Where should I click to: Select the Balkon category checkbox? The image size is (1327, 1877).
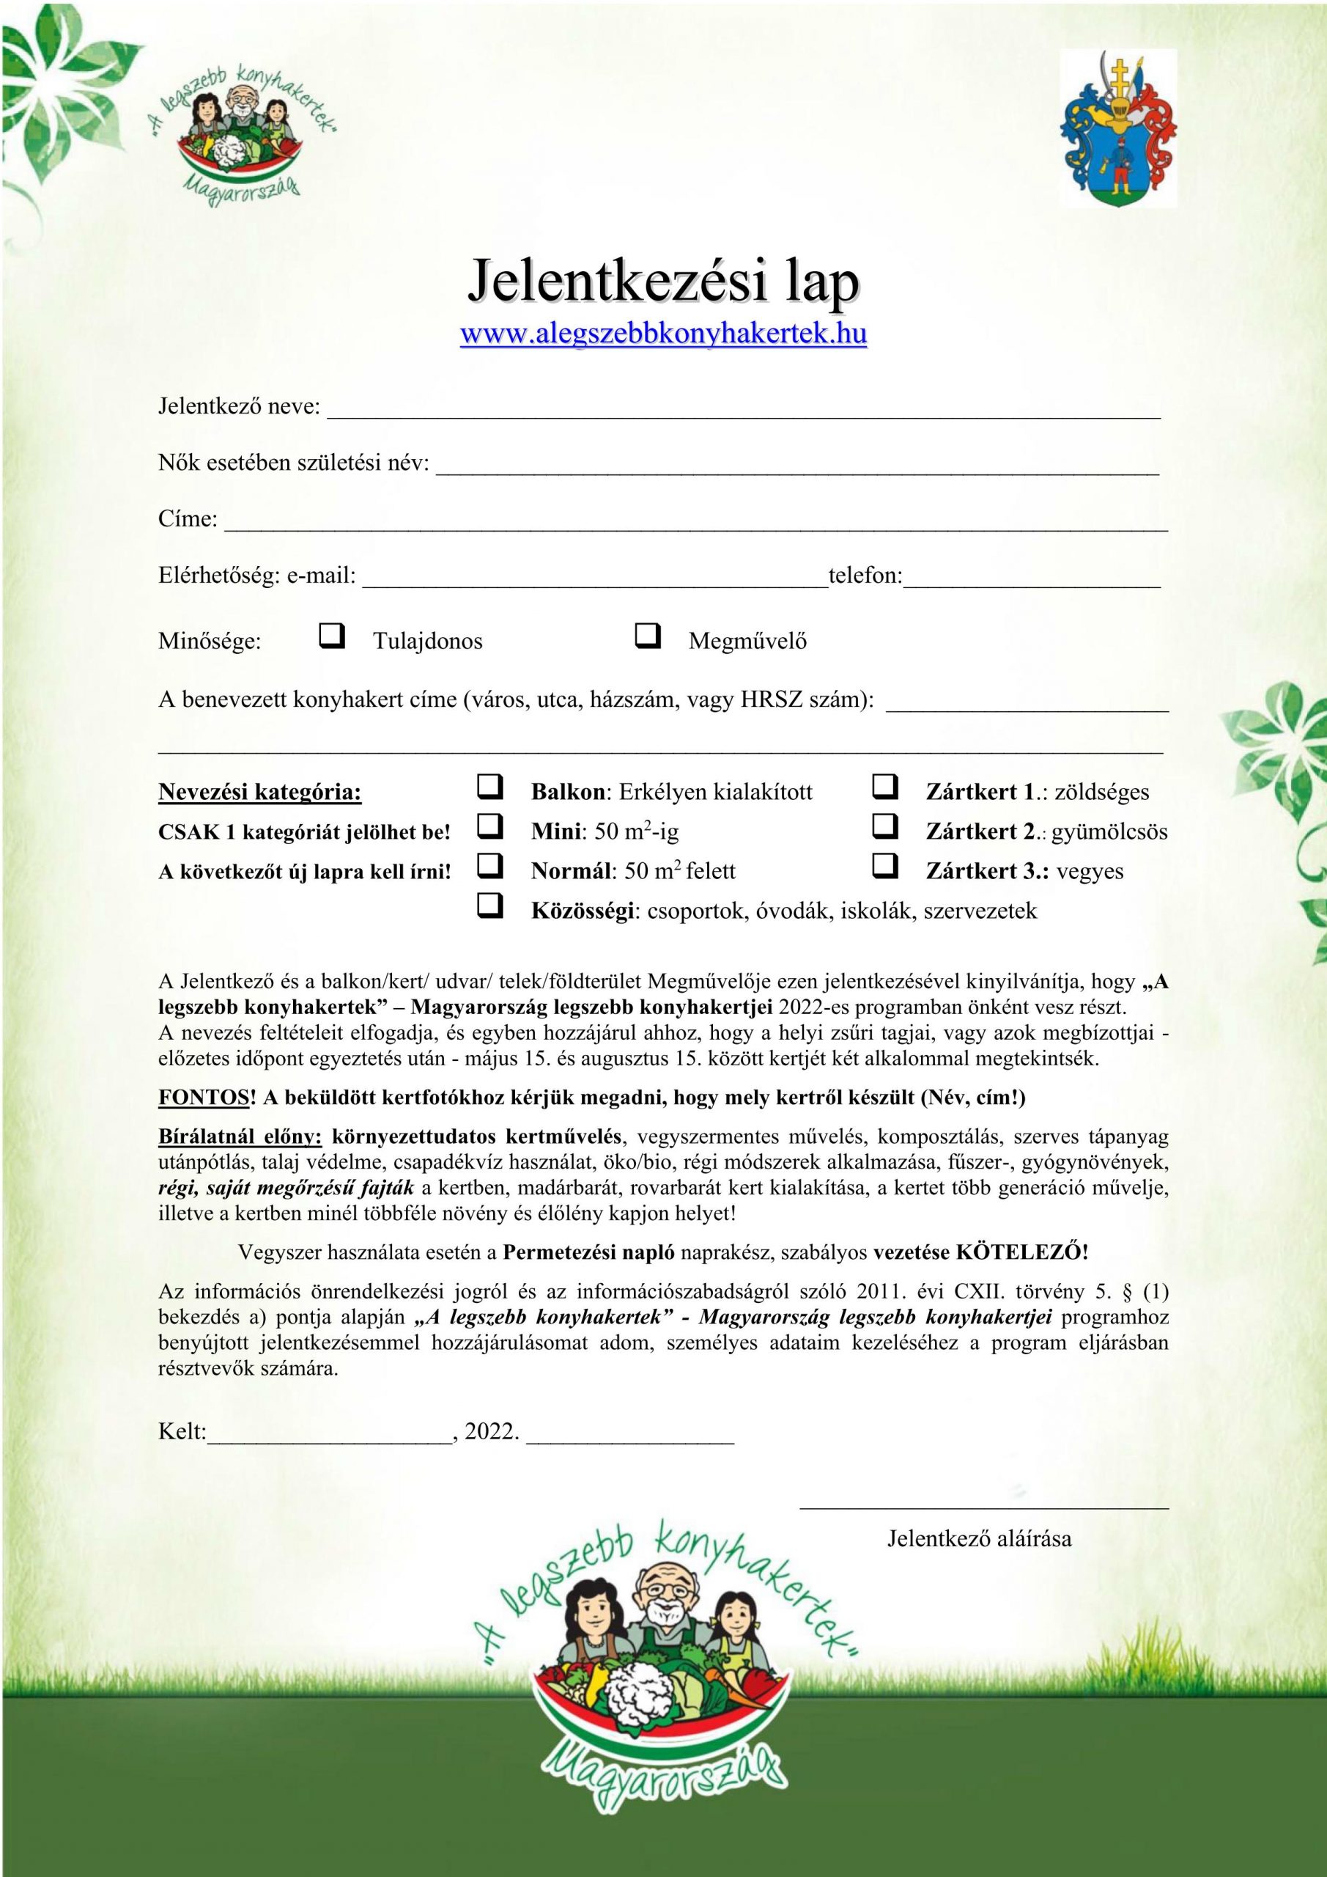[x=489, y=787]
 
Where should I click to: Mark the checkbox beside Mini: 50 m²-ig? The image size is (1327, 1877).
[x=489, y=827]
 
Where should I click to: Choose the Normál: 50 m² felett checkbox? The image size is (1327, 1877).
[x=489, y=866]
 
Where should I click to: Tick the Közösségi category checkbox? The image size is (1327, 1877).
[x=489, y=906]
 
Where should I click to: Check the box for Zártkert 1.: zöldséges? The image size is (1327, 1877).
[x=885, y=787]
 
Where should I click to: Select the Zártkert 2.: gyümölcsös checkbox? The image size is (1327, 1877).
[x=885, y=827]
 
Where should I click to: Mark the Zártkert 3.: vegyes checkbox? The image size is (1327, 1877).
[x=885, y=866]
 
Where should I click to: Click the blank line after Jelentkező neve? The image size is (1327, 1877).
[x=744, y=413]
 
